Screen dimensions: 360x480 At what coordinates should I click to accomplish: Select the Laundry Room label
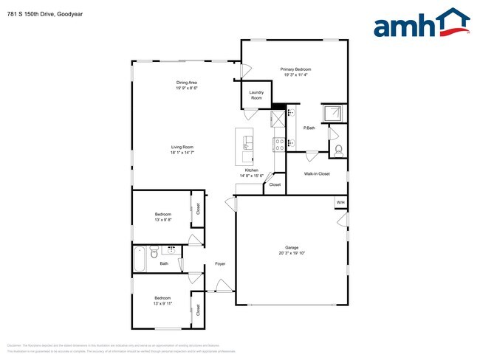(x=256, y=96)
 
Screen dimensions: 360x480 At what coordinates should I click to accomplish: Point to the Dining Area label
(x=186, y=82)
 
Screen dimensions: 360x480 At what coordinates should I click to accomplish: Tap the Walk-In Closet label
(x=317, y=174)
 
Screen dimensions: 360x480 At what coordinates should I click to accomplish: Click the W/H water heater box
(x=340, y=202)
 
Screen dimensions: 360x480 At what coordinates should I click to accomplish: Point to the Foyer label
(x=220, y=263)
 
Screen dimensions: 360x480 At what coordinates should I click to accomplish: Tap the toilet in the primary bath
(x=338, y=150)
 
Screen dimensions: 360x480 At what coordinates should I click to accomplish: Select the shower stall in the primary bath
(x=334, y=112)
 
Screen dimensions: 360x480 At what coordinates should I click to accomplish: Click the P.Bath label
(x=309, y=128)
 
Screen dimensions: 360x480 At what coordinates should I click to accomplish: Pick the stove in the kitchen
(x=279, y=143)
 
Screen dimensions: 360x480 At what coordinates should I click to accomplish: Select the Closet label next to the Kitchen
(x=275, y=184)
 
